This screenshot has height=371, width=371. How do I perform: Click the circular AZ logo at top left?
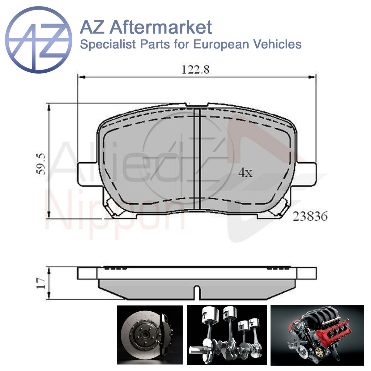tap(39, 40)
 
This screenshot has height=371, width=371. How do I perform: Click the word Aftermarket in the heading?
tap(161, 27)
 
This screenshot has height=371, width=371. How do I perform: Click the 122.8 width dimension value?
tap(195, 70)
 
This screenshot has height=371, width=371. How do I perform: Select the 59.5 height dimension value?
tap(41, 164)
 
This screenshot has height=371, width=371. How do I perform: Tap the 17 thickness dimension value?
tap(41, 283)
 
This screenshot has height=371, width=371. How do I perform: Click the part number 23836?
tap(310, 216)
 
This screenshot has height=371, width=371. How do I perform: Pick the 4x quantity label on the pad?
tap(245, 173)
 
